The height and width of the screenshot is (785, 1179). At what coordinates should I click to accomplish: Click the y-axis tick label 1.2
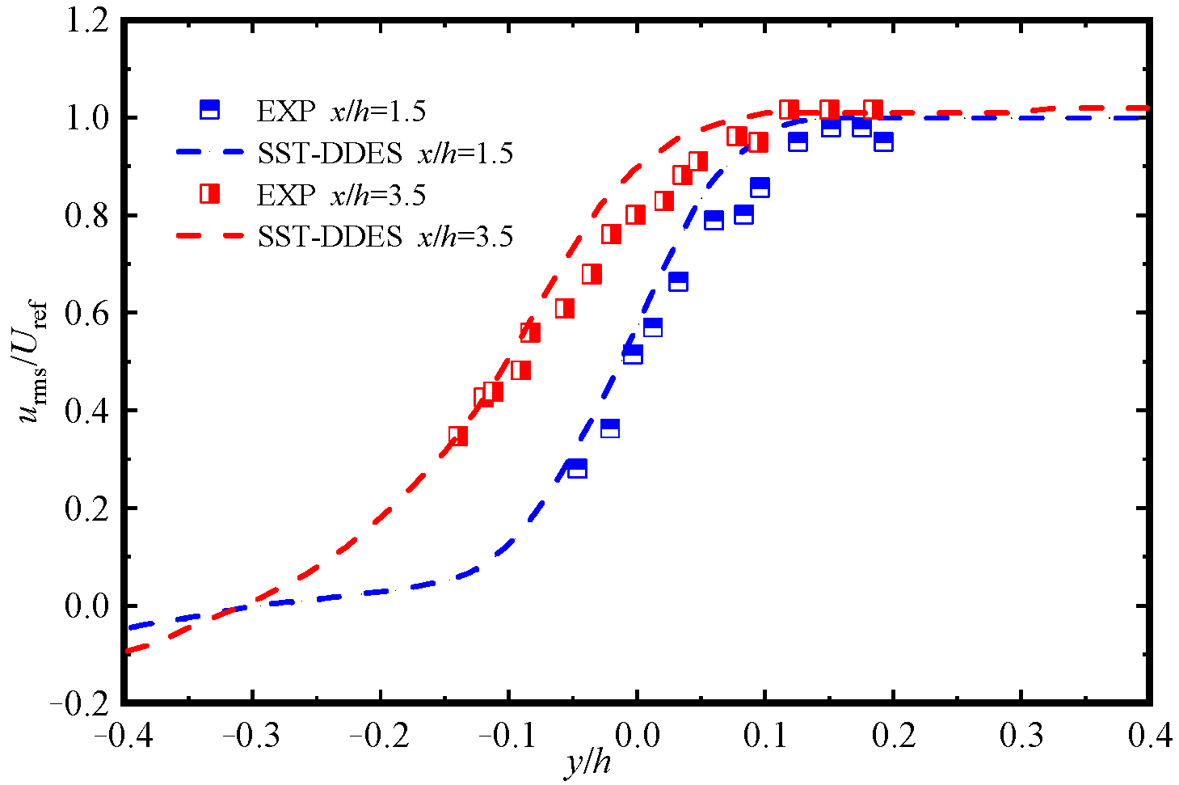(86, 21)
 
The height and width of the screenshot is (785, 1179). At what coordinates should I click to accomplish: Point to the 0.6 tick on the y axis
(86, 314)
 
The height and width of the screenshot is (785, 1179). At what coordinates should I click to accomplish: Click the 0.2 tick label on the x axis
(894, 736)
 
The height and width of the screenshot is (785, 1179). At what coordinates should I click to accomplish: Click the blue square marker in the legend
(209, 109)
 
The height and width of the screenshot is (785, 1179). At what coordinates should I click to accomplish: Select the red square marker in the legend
(209, 194)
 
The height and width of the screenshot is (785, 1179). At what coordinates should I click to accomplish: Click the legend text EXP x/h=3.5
(341, 195)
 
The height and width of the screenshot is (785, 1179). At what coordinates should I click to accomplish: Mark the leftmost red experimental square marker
(458, 437)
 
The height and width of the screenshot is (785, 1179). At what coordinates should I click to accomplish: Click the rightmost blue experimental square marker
(883, 142)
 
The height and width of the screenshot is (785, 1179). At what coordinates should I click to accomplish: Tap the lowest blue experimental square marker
(577, 469)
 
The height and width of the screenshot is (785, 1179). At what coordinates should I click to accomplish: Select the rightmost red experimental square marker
(873, 110)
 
